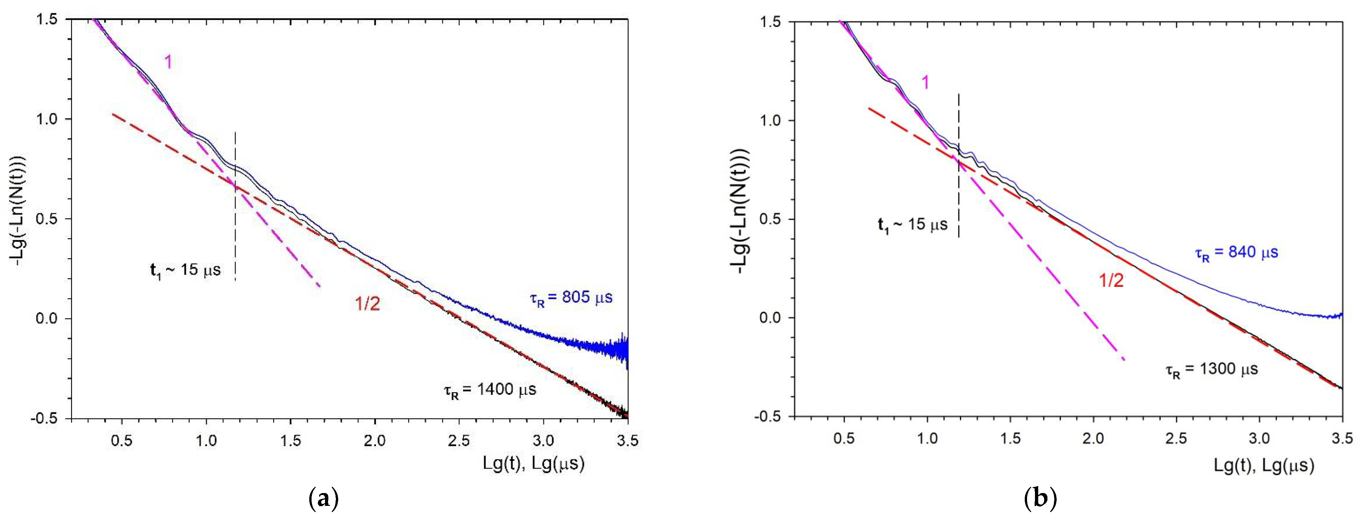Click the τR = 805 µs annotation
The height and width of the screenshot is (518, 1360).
pyautogui.click(x=571, y=298)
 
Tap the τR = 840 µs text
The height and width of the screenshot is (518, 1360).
pyautogui.click(x=1236, y=253)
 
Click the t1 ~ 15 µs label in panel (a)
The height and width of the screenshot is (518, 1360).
pyautogui.click(x=185, y=271)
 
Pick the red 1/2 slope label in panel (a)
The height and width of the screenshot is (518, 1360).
pyautogui.click(x=367, y=304)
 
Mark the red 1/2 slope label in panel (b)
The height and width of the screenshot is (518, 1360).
pyautogui.click(x=1111, y=281)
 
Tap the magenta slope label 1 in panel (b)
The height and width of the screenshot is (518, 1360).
pyautogui.click(x=925, y=82)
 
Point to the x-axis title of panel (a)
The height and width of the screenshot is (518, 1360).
pyautogui.click(x=533, y=464)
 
